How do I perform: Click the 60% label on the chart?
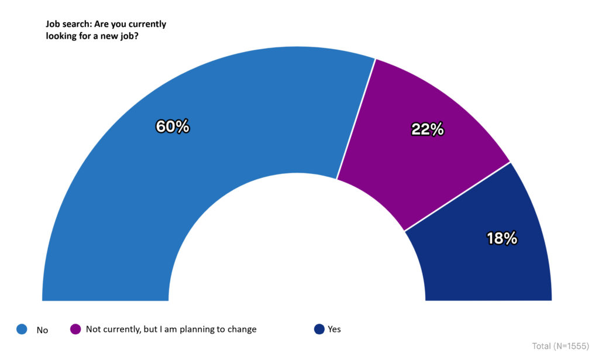coord(173,126)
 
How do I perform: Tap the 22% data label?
coord(428,129)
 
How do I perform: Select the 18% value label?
coord(502,238)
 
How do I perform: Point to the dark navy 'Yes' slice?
coord(491,263)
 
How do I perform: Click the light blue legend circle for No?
coord(22,330)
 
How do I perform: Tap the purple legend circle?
coord(75,330)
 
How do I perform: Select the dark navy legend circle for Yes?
coord(319,330)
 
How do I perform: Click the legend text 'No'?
coord(42,330)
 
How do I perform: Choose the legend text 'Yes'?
coord(334,330)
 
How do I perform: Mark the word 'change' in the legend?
coord(242,330)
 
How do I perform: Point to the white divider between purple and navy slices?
coord(457,196)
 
